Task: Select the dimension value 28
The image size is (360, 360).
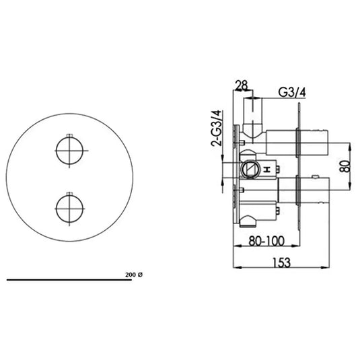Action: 242,85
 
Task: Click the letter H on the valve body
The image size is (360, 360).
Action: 266,168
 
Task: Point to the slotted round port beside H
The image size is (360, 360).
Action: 249,169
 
